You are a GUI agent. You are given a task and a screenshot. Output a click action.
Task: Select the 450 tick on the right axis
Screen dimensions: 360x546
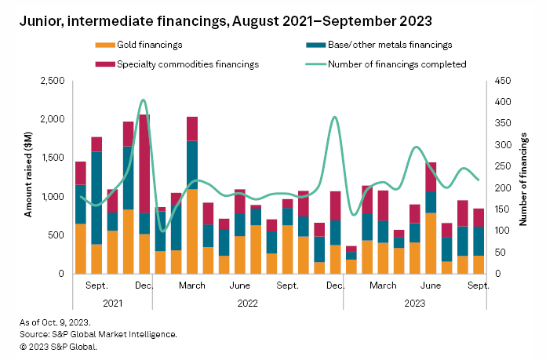[x=502, y=81]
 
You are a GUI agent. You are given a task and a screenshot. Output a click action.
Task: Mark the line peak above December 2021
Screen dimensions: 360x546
[x=144, y=100]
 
